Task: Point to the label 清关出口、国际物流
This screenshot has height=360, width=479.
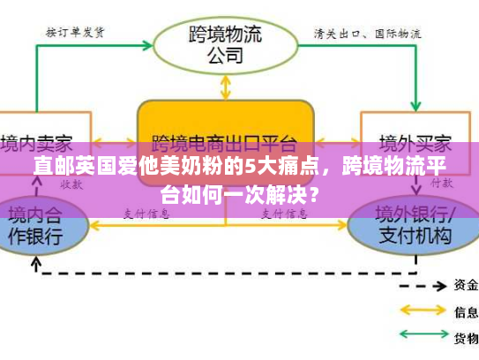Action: click(x=367, y=34)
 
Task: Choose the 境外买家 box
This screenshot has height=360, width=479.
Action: click(x=415, y=141)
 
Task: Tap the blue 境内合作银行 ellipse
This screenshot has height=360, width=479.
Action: click(x=43, y=225)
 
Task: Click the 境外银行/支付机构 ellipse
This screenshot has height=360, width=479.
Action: click(x=412, y=225)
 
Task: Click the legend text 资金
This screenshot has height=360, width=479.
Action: click(x=466, y=285)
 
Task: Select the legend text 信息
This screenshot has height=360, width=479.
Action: click(x=466, y=311)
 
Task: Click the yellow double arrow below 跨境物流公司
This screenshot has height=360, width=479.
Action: click(x=226, y=86)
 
